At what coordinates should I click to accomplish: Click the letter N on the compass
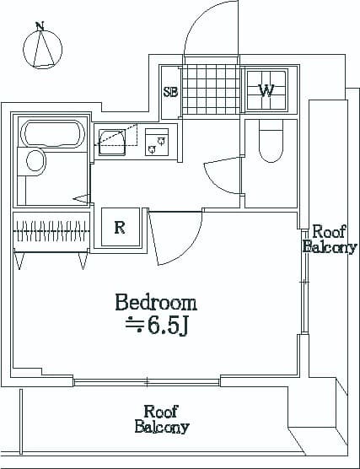point(40,25)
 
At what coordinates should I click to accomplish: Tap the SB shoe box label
point(170,92)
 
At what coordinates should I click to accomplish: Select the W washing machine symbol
point(266,90)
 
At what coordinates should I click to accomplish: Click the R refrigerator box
point(121,227)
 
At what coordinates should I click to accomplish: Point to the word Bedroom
point(156,303)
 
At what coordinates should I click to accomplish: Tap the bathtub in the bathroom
point(52,134)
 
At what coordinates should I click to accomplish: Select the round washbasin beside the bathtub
point(35,161)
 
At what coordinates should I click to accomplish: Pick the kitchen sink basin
point(112,143)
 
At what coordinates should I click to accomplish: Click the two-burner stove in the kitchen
point(157,142)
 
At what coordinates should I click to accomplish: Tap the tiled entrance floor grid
point(211,89)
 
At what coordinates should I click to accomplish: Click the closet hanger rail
point(51,231)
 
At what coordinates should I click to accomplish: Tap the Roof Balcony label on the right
point(330,240)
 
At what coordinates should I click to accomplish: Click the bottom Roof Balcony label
point(162,419)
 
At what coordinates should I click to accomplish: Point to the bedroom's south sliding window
point(147,382)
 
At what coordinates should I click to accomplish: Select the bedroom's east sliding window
point(304,282)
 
